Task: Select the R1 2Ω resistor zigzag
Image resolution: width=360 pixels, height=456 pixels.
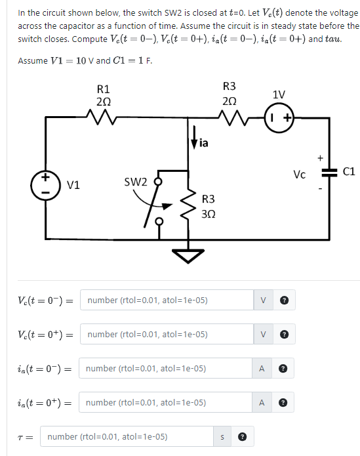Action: click(x=102, y=119)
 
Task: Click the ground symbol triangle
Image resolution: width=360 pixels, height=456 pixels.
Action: click(x=190, y=255)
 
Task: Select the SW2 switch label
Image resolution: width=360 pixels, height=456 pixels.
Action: click(x=136, y=181)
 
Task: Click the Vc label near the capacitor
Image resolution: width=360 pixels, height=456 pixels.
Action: click(x=300, y=174)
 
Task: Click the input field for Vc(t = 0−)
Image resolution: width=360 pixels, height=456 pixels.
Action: click(x=167, y=300)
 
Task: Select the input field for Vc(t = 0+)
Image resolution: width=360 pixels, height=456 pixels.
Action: click(x=167, y=334)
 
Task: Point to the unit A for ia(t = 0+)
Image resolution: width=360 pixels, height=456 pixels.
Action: click(x=262, y=402)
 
